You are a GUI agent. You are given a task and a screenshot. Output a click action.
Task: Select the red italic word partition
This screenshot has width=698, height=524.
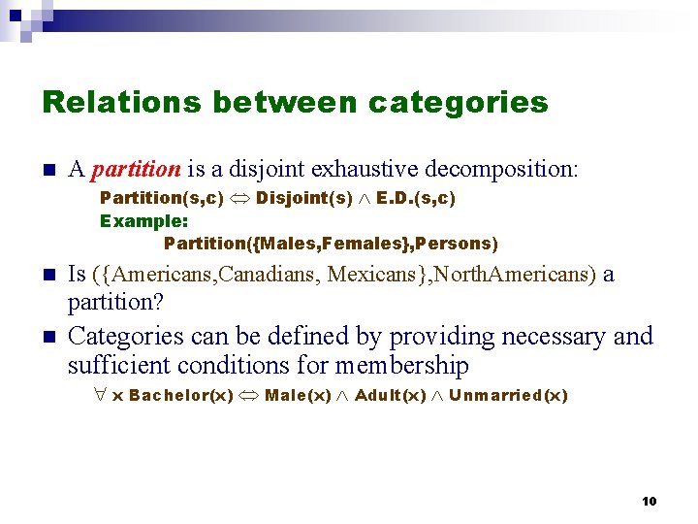pos(136,170)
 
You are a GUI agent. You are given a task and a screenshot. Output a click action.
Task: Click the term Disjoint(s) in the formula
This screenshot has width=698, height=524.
pos(304,198)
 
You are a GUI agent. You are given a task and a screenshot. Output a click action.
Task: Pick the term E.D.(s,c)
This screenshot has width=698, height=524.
pos(416,198)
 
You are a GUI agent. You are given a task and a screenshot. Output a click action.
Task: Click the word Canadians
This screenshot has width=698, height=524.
pos(270,275)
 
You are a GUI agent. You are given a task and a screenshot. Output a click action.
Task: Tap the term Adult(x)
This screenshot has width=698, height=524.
pos(391,395)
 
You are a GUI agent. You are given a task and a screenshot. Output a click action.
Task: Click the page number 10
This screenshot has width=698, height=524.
pos(649,501)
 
